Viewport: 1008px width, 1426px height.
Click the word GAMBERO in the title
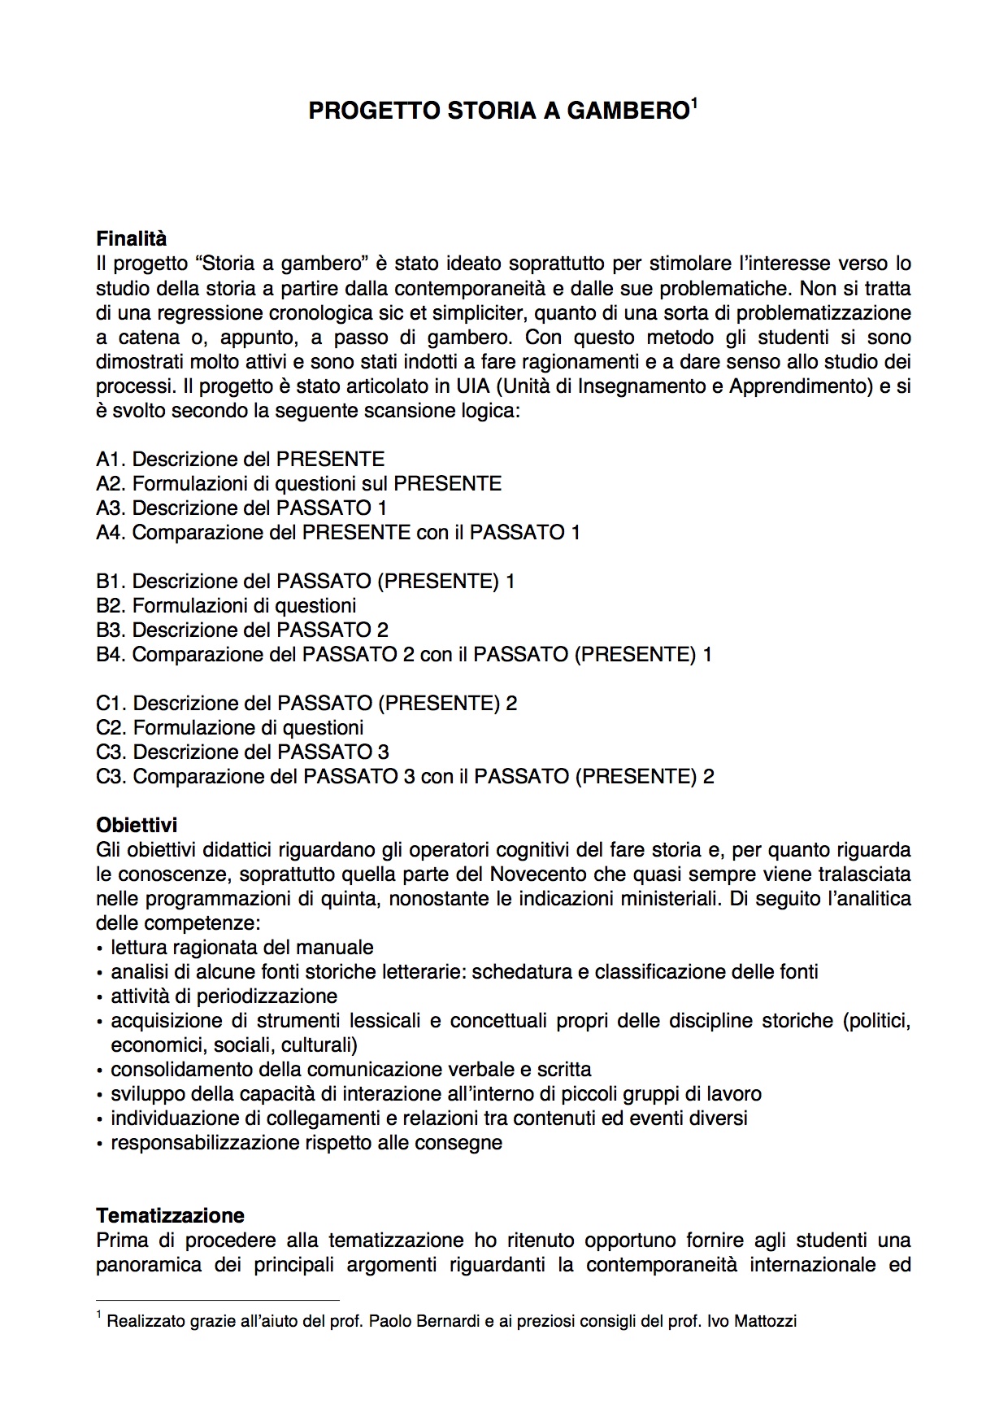point(628,111)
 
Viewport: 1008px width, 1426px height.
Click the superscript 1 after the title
point(694,102)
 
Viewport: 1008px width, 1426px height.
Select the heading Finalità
point(131,239)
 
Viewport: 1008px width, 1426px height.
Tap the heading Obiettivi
point(137,826)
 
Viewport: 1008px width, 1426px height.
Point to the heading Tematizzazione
point(170,1216)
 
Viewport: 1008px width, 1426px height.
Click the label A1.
point(111,459)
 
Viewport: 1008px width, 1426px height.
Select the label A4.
point(111,532)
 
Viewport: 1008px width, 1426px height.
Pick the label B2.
point(111,605)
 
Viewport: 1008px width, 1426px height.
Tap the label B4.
point(111,654)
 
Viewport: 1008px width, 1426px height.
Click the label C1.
point(111,703)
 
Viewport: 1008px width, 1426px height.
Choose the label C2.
point(111,727)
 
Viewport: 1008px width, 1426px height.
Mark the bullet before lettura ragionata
point(100,948)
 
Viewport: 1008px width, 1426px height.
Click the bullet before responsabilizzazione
point(100,1144)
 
